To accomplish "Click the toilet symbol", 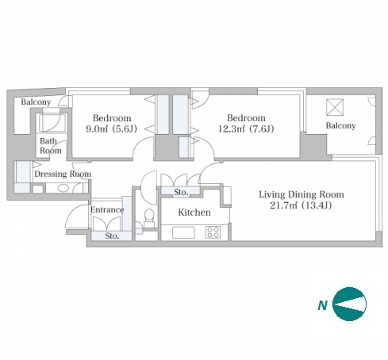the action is click(x=149, y=218).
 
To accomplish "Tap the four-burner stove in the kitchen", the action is click(x=213, y=232).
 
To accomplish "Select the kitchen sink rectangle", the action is click(x=183, y=232).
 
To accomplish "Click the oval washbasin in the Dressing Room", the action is click(x=63, y=188).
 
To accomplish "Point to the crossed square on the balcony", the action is click(x=335, y=107).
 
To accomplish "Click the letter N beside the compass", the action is click(x=322, y=305).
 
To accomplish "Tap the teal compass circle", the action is click(x=349, y=304).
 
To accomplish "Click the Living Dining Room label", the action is click(x=302, y=194).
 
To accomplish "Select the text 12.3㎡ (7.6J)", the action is click(x=246, y=129).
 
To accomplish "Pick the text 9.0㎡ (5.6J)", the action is click(x=111, y=129).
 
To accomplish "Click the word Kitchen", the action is click(x=194, y=213).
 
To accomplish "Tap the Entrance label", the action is click(x=107, y=209).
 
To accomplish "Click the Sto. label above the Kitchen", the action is click(x=181, y=192).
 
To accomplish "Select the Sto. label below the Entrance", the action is click(x=112, y=236).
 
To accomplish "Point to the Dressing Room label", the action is click(x=63, y=174).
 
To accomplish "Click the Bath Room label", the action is click(x=51, y=146).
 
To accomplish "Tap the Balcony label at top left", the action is click(x=36, y=101).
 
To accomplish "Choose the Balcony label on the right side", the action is click(x=340, y=125).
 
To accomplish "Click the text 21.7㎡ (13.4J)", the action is click(x=301, y=205).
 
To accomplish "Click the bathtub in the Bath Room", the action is click(x=52, y=123).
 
